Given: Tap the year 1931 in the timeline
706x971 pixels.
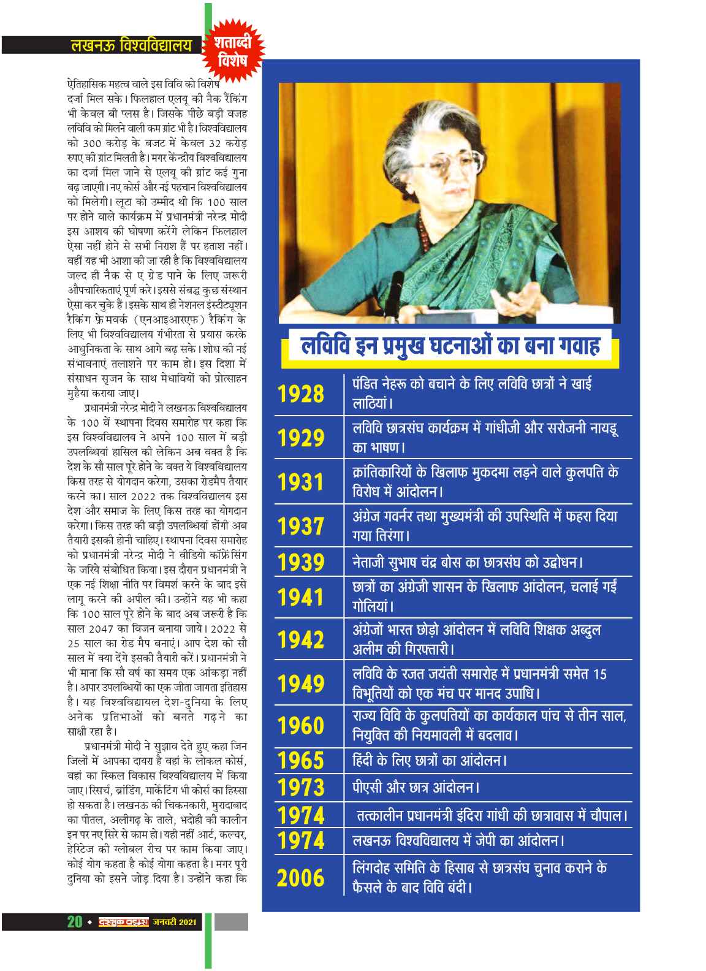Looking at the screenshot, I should (301, 482).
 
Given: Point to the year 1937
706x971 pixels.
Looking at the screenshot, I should (301, 525).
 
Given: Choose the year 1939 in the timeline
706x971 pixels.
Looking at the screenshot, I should (301, 562).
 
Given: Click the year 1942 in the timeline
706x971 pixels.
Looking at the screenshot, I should (301, 639).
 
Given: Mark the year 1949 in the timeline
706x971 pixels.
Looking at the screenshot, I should (301, 683).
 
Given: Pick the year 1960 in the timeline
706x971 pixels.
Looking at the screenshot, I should (301, 725).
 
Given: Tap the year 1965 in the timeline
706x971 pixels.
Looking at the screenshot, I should (301, 761).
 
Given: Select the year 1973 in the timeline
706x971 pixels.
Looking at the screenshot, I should (301, 787).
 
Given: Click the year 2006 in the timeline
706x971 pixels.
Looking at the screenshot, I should (301, 878).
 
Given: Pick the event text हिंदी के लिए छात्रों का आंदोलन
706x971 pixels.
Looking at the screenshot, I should (430, 761).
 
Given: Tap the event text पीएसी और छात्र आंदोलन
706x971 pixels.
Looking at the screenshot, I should (416, 787).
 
